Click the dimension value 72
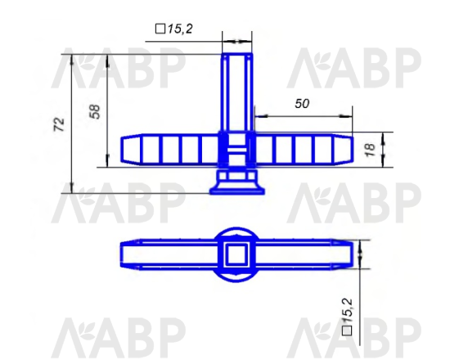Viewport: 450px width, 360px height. [x=59, y=124]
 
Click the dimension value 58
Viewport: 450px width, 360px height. [x=95, y=111]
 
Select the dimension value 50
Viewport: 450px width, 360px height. [x=302, y=104]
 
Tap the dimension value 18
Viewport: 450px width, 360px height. [x=370, y=150]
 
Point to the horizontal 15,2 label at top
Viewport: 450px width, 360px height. [x=180, y=29]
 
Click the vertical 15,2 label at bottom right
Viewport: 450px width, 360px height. [x=348, y=311]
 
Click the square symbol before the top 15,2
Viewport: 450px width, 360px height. [x=160, y=29]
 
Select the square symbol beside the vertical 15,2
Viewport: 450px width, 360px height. [x=347, y=331]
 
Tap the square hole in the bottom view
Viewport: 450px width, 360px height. [x=236, y=254]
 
